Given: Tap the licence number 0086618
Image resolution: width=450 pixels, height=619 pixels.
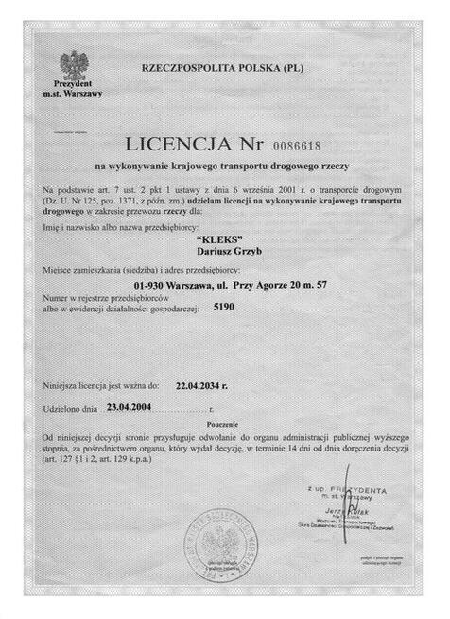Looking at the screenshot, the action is [x=302, y=147].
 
